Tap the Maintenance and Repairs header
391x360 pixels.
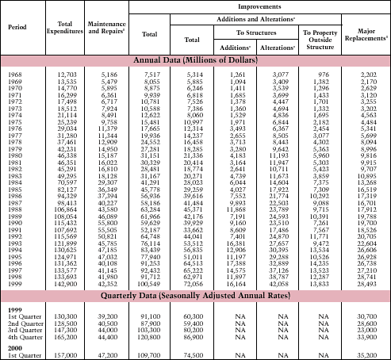tap(107, 27)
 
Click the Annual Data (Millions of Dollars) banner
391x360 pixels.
tap(195, 59)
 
